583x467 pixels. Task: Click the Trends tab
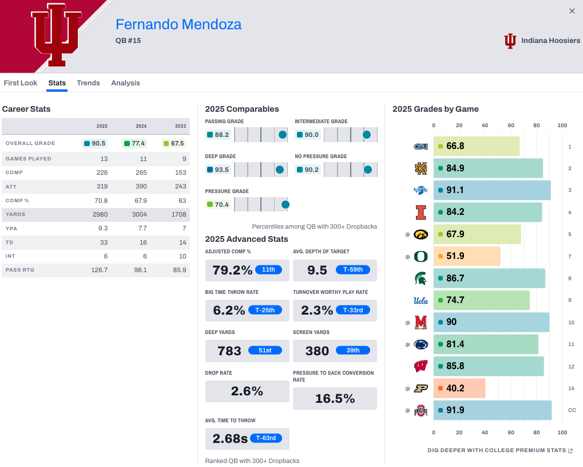point(88,83)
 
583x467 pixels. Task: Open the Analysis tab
point(125,83)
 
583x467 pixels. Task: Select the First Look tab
point(21,83)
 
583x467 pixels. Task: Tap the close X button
point(572,11)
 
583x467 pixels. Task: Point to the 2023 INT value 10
point(182,256)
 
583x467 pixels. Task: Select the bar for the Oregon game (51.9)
point(467,256)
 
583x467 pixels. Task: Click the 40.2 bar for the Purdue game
point(459,388)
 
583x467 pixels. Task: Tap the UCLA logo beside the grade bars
point(421,300)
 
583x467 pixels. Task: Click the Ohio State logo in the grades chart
point(421,410)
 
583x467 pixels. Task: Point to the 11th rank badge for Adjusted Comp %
point(269,270)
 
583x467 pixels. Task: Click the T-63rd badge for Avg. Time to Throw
point(265,438)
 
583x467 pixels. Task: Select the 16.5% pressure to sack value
point(335,399)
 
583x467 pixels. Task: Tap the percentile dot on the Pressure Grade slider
point(285,205)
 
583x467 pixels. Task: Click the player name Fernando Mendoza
point(179,25)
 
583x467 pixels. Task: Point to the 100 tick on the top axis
point(562,125)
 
